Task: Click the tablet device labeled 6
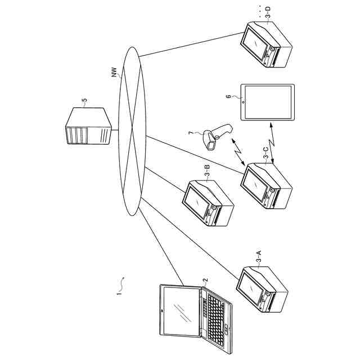click(267, 102)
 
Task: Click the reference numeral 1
click(119, 292)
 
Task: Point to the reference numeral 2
click(206, 278)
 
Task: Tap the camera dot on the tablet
click(242, 102)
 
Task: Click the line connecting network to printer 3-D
click(191, 44)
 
